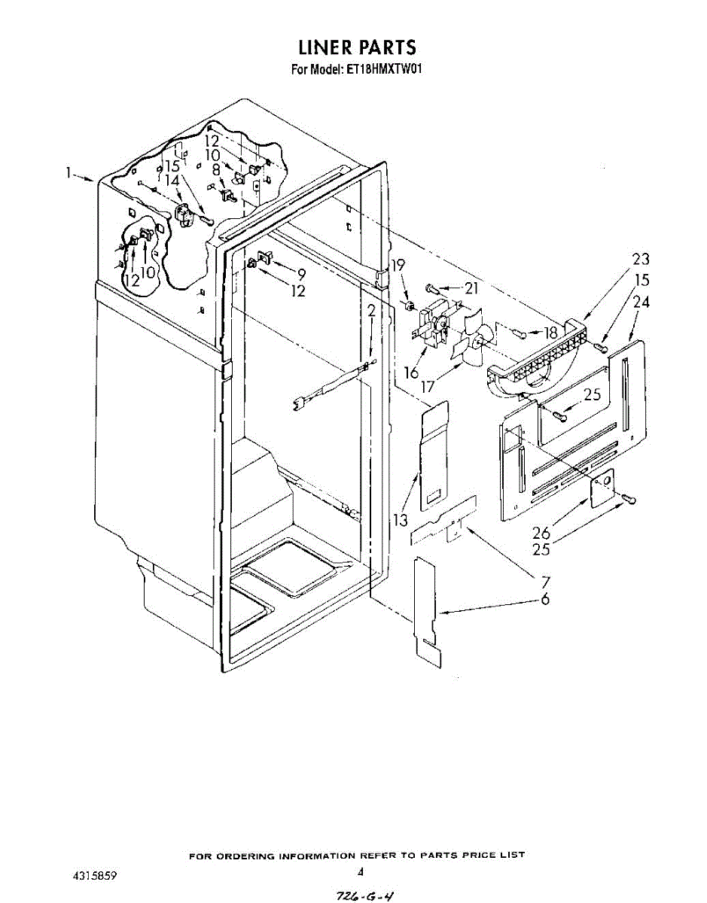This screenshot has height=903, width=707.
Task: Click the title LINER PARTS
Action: (357, 47)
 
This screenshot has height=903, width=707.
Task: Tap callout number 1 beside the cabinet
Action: (68, 174)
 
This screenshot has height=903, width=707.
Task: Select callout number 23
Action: (641, 259)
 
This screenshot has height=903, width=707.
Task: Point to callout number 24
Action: (641, 303)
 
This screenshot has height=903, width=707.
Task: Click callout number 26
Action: (541, 532)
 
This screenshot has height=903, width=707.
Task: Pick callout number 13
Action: (400, 520)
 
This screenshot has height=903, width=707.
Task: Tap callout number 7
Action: (544, 581)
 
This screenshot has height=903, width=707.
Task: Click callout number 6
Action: (544, 600)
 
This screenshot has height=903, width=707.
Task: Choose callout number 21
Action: (471, 287)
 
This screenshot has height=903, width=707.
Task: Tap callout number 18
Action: (550, 332)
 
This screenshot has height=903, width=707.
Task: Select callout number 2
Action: (371, 311)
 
